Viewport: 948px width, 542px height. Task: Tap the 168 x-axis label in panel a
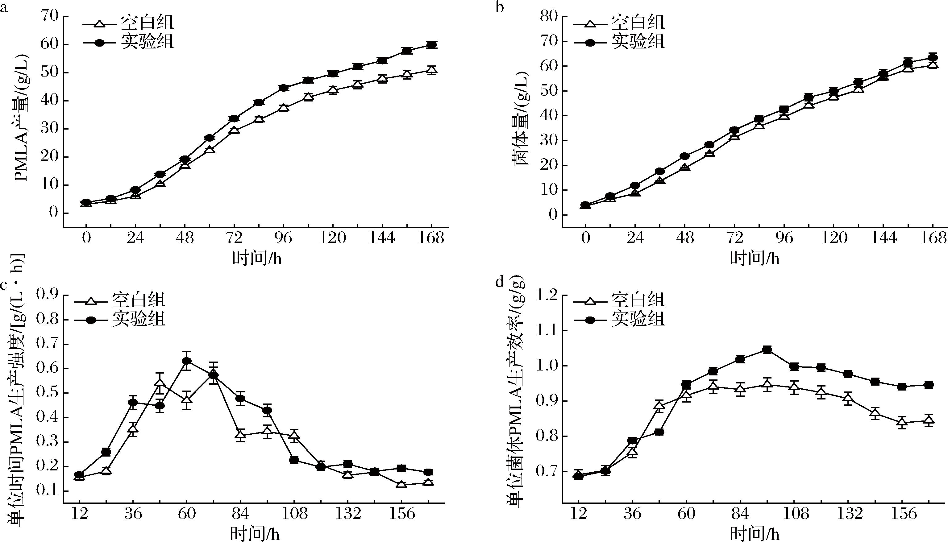pos(431,238)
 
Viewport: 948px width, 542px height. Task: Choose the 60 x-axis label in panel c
pos(187,514)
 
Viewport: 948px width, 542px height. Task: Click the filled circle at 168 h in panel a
pos(431,45)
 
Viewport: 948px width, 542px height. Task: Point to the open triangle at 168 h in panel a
pos(431,70)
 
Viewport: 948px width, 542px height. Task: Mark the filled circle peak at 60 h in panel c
pos(187,361)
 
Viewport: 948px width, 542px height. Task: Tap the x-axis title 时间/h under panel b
pos(755,258)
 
